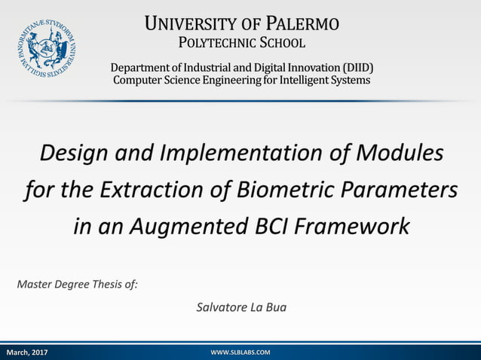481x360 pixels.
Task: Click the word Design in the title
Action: click(x=70, y=154)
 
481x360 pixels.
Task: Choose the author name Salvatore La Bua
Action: click(x=241, y=307)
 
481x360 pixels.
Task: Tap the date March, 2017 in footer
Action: click(x=27, y=352)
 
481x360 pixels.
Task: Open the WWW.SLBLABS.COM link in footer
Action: click(x=240, y=352)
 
